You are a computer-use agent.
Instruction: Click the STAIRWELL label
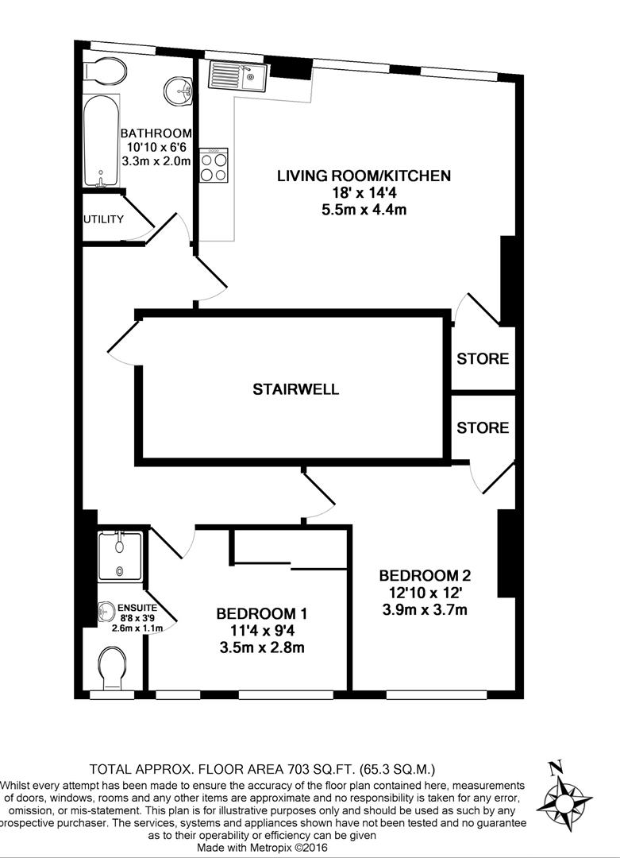coord(296,389)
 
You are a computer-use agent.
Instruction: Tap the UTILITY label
coord(104,219)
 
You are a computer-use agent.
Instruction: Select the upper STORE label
coord(483,359)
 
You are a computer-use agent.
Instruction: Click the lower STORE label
coord(483,428)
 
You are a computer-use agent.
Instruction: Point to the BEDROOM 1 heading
coord(261,614)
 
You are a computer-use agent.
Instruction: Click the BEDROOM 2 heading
coord(420,576)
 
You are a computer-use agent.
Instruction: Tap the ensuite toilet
coord(114,668)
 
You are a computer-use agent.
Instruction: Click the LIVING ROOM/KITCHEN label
coord(364,176)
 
